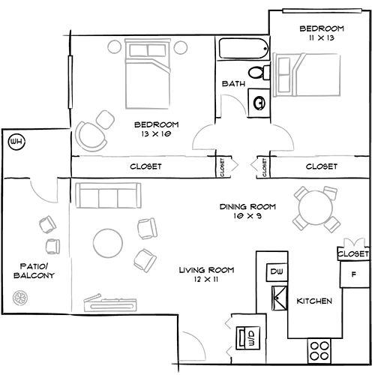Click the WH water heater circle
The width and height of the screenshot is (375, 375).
tap(17, 142)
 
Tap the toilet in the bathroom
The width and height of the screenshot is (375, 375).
tap(259, 73)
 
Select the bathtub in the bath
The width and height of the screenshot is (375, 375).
tap(244, 49)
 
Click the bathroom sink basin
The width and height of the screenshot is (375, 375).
tap(259, 103)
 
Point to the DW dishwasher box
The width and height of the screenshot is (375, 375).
tap(277, 272)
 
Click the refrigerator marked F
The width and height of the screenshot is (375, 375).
tap(355, 274)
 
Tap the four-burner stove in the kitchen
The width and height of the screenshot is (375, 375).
tap(319, 351)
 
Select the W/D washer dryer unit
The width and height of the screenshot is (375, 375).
tap(248, 337)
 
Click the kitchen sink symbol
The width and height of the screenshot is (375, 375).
tap(280, 298)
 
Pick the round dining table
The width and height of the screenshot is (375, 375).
tap(316, 208)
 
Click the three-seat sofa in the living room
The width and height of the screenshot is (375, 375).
tap(108, 196)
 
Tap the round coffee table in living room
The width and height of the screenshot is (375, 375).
tap(108, 243)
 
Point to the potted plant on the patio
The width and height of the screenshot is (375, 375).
tap(20, 298)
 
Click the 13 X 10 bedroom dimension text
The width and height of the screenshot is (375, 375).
tap(156, 134)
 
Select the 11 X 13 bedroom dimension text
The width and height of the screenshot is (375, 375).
tap(322, 38)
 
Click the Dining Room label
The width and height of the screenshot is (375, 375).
tap(247, 207)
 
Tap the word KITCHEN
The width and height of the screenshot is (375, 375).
tap(314, 301)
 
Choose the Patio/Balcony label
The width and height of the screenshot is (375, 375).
tap(34, 271)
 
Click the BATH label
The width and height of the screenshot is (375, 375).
tap(233, 83)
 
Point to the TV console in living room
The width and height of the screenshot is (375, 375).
tap(110, 303)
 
